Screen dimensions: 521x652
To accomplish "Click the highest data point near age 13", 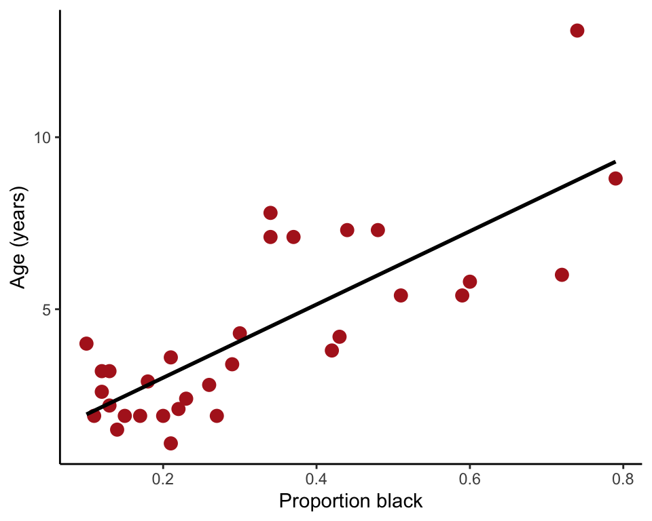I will (x=577, y=31).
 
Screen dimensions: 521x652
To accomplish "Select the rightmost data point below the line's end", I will (x=615, y=178).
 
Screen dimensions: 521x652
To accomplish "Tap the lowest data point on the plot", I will (x=170, y=443).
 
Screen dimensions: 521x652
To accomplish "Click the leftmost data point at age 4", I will (x=86, y=343).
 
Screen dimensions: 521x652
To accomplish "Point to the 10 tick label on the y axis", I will (x=43, y=138).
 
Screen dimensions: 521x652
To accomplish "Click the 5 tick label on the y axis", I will (x=47, y=309).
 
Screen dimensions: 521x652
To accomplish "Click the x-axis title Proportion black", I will (x=350, y=502).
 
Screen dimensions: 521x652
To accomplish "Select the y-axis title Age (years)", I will (x=18, y=237).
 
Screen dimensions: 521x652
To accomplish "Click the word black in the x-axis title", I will (x=398, y=502).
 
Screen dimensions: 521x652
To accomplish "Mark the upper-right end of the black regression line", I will (x=615, y=161).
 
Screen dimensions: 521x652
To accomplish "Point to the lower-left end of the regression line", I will (x=87, y=413).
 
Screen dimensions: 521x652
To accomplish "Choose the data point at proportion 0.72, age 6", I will (x=562, y=275).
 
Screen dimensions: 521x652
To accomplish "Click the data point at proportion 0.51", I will (x=401, y=295).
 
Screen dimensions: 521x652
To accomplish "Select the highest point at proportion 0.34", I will (x=270, y=213).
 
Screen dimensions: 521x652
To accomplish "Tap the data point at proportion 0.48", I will (x=378, y=230).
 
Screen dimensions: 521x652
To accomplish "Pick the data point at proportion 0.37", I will (x=293, y=237).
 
